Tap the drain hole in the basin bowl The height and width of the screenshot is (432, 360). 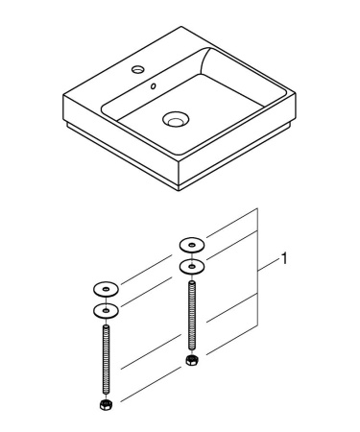175,121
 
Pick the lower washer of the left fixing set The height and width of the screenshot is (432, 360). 105,309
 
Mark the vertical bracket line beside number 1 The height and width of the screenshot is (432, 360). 259,269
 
